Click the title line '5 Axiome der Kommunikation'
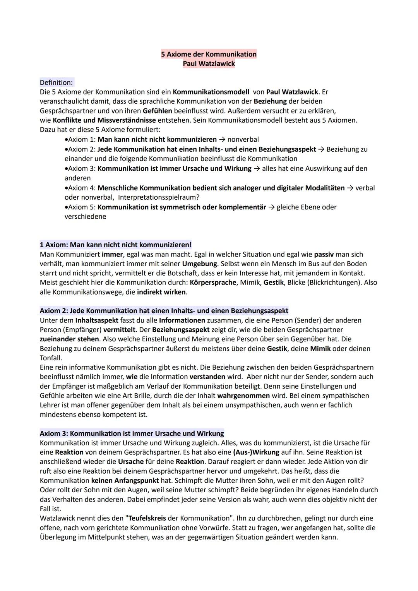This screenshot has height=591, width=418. [x=209, y=54]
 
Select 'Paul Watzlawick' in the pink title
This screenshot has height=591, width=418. [x=209, y=63]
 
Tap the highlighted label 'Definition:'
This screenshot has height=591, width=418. [x=56, y=82]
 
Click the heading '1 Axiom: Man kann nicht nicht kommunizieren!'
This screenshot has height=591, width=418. [x=116, y=245]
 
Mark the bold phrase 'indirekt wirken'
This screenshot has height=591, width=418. [x=161, y=292]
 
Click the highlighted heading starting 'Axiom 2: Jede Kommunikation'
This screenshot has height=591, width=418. [x=164, y=311]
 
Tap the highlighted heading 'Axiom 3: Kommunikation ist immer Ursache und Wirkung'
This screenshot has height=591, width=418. [x=132, y=433]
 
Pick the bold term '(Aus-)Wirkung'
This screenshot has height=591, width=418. [x=256, y=452]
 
